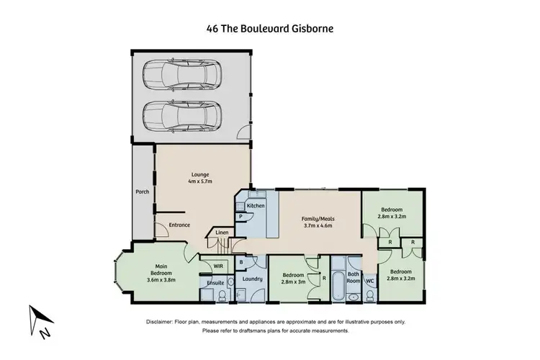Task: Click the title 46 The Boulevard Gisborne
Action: [270, 30]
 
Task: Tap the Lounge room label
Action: [200, 174]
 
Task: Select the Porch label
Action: [142, 192]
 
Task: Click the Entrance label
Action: [179, 225]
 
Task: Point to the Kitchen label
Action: [256, 206]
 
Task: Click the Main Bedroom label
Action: [161, 269]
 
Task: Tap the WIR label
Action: [218, 266]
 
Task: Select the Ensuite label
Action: [216, 283]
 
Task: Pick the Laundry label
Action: [251, 279]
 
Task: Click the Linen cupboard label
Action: [221, 233]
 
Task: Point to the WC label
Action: [369, 280]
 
